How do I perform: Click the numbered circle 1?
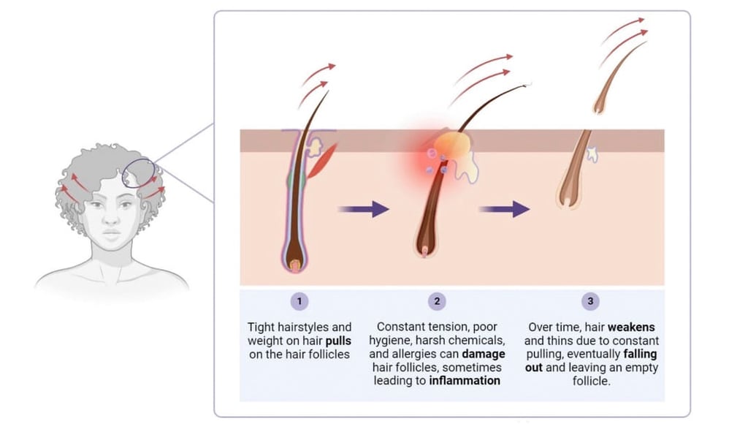[299, 300]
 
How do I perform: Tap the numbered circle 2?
[437, 300]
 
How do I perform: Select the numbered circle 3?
[590, 300]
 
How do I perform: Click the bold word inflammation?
[465, 381]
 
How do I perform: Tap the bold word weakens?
[630, 327]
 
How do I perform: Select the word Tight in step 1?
[262, 327]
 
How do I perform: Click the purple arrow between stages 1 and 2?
[363, 209]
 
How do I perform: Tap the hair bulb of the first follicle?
[296, 263]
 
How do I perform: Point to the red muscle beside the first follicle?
[322, 161]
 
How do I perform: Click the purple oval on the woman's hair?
[139, 173]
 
